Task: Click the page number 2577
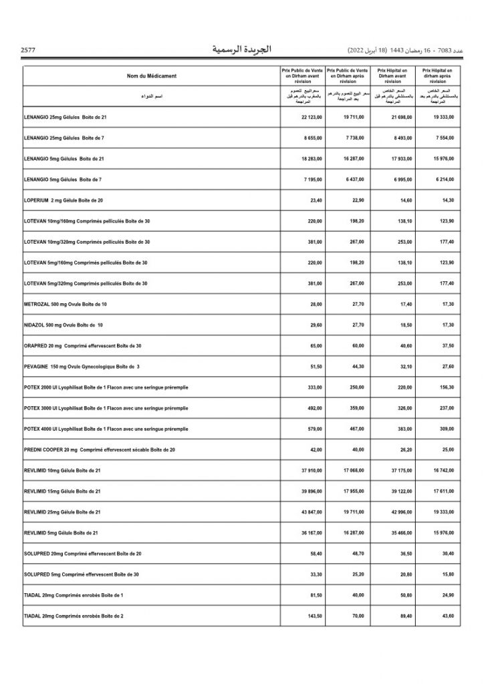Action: pos(28,51)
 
